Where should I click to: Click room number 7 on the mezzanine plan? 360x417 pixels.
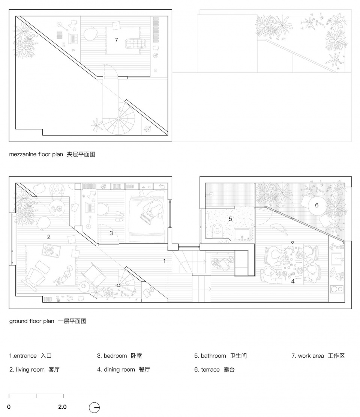pyautogui.click(x=116, y=40)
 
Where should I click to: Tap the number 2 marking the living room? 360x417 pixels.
pyautogui.click(x=49, y=237)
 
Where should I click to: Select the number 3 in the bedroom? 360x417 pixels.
pyautogui.click(x=111, y=233)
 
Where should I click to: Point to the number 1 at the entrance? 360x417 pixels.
pyautogui.click(x=164, y=261)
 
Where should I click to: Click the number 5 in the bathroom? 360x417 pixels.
pyautogui.click(x=231, y=218)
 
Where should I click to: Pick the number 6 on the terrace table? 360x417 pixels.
pyautogui.click(x=316, y=205)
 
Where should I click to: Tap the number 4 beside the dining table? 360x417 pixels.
pyautogui.click(x=293, y=281)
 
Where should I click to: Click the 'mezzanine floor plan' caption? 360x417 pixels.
pyautogui.click(x=52, y=154)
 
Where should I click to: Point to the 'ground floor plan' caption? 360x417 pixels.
pyautogui.click(x=48, y=321)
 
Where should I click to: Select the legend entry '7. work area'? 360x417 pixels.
pyautogui.click(x=318, y=356)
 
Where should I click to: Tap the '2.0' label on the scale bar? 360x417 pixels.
pyautogui.click(x=62, y=407)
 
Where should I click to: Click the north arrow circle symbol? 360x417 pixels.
pyautogui.click(x=94, y=407)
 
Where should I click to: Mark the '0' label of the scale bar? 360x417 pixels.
pyautogui.click(x=9, y=407)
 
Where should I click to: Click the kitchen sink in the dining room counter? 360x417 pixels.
pyautogui.click(x=336, y=259)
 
